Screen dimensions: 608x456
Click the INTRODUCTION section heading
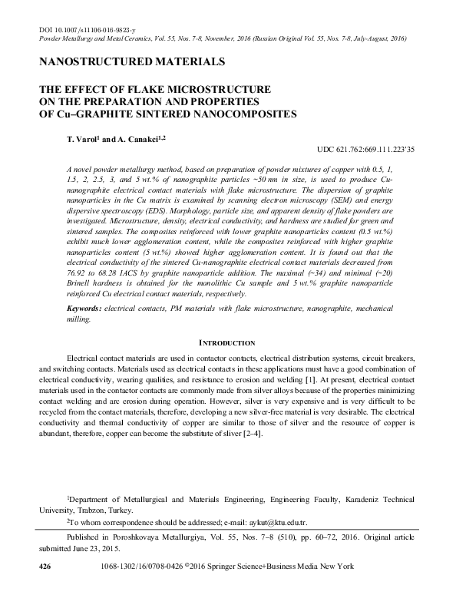(x=227, y=342)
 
